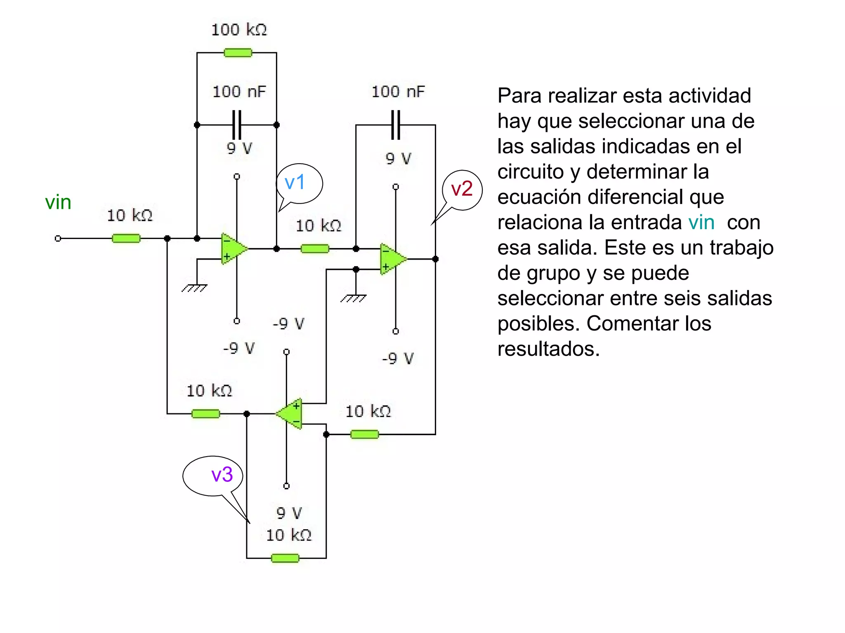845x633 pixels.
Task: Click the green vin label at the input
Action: click(58, 202)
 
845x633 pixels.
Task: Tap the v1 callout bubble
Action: click(300, 183)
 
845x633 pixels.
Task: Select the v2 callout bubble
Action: click(462, 190)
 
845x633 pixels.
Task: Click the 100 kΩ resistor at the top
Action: click(238, 53)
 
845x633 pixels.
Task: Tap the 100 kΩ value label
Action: click(239, 30)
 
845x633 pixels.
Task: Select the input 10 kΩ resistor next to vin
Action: click(126, 238)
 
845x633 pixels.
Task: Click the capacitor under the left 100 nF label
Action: click(237, 124)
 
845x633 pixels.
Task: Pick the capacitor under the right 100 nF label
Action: click(396, 124)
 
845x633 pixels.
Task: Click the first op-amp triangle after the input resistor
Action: click(232, 249)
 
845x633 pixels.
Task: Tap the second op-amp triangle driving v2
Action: click(392, 259)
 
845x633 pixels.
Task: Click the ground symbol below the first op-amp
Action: click(194, 288)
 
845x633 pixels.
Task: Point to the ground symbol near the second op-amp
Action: click(354, 298)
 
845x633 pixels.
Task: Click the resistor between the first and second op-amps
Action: click(315, 249)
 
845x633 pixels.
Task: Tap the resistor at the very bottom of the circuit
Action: click(285, 558)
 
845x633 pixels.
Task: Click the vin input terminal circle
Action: click(58, 238)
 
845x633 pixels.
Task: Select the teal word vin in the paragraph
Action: click(701, 223)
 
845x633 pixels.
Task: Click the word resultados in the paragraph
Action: click(548, 349)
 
